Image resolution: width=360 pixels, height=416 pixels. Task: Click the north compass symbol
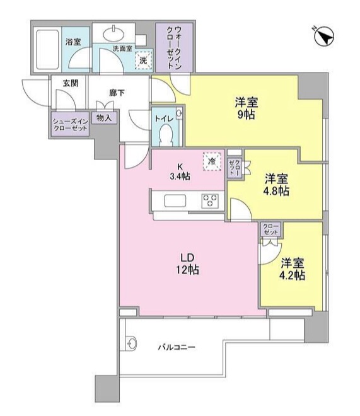click(x=323, y=37)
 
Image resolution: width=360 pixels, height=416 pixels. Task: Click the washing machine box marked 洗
click(x=144, y=59)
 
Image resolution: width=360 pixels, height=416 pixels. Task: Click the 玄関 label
click(x=70, y=83)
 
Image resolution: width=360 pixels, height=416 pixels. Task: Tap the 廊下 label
click(x=117, y=93)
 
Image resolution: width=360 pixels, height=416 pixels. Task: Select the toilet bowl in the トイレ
click(x=166, y=134)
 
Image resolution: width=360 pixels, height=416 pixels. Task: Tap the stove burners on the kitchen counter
click(x=209, y=201)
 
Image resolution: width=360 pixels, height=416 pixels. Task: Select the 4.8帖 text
click(x=276, y=190)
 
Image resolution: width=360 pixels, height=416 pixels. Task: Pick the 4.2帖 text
click(x=293, y=275)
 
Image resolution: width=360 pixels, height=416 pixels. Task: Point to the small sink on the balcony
click(x=132, y=344)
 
